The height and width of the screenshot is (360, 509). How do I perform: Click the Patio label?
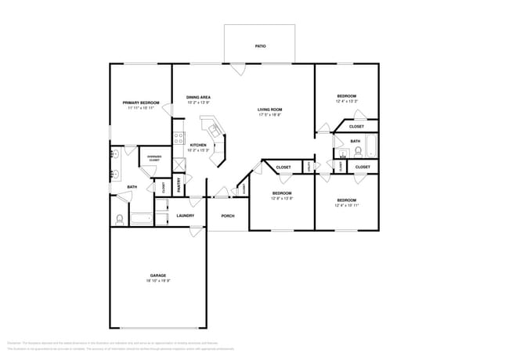pos(260,46)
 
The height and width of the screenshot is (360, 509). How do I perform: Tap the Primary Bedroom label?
pos(141,103)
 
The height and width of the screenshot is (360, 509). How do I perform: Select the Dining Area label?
pos(198,98)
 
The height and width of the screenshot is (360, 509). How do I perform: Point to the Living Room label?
pos(270,110)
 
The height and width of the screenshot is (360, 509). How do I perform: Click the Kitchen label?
pos(198,145)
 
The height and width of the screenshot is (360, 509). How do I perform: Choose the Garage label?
pos(158,275)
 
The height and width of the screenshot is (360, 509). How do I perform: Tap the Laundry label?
pos(186,215)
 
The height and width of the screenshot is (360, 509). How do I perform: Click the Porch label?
pos(228,215)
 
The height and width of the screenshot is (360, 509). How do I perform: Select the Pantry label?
pos(179,185)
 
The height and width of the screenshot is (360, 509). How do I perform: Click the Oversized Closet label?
pos(154,158)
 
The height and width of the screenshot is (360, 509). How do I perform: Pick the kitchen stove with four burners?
pos(179,139)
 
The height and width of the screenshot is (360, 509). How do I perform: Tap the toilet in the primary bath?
pos(120,218)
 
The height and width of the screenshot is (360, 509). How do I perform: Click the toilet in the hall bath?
pos(357,151)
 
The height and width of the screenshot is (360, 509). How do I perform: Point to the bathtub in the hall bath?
pos(370,147)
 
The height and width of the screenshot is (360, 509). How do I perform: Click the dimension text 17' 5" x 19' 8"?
pos(270,115)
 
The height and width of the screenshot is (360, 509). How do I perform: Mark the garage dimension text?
pos(158,281)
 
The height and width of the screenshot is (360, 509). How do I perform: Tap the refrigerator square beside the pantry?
pos(179,164)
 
